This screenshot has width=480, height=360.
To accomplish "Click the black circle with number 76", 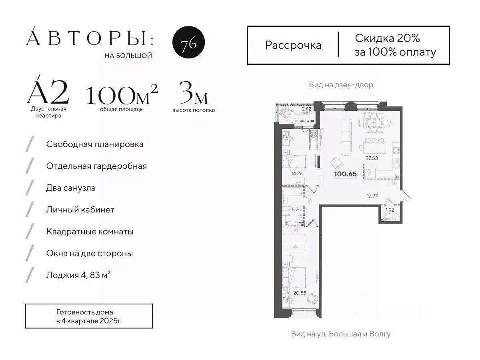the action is point(188,42).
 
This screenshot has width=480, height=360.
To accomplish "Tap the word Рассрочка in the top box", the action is point(293,46).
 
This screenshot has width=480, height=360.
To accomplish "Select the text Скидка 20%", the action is point(387,38).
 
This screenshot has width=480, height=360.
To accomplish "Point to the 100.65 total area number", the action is point(346,174).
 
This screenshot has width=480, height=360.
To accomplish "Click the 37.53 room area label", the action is point(372,158).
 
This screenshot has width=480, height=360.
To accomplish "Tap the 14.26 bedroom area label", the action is point(297,174).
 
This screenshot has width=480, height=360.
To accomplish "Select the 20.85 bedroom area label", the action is point(300,293).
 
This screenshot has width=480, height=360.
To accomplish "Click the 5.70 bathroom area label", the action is point(296,209).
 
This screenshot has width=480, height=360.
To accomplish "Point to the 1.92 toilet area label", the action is point(390,210).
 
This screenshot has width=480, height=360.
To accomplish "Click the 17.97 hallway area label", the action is point(372,196).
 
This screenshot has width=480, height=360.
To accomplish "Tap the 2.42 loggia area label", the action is point(306,109).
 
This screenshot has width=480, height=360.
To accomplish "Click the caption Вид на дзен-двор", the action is point(341,84).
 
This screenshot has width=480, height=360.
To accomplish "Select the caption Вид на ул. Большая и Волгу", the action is point(341,334).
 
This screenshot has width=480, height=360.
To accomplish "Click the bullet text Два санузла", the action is point(71,188).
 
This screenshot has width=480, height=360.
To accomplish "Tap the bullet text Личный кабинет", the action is point(80,210).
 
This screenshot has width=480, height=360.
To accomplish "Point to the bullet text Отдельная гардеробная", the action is point(96,166).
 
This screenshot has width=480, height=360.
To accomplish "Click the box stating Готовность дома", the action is point(89,316).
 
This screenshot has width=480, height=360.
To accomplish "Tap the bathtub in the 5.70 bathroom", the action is point(293,192).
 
